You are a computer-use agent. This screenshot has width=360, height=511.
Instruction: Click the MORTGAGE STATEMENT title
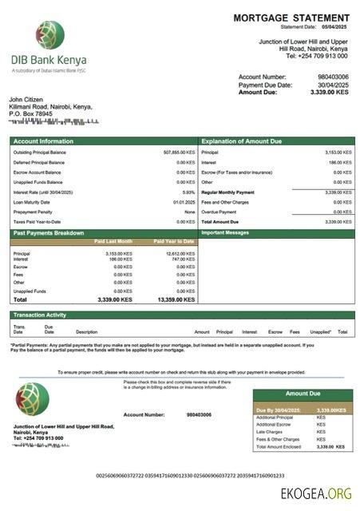[291, 18]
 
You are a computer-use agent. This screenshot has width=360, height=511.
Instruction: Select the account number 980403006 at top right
[333, 77]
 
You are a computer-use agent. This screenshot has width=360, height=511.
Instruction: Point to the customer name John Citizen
[28, 99]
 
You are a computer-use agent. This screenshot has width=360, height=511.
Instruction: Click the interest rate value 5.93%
[188, 192]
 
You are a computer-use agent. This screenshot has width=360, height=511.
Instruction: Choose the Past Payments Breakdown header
[49, 233]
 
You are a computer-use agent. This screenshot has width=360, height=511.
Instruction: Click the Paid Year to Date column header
[174, 241]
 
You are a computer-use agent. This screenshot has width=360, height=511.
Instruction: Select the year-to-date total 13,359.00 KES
[174, 299]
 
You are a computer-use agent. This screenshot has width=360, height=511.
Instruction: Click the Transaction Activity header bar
[40, 315]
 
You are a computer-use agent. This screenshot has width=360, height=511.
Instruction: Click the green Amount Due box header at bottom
[303, 394]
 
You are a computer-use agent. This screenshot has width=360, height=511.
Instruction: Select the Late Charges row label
[271, 432]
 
